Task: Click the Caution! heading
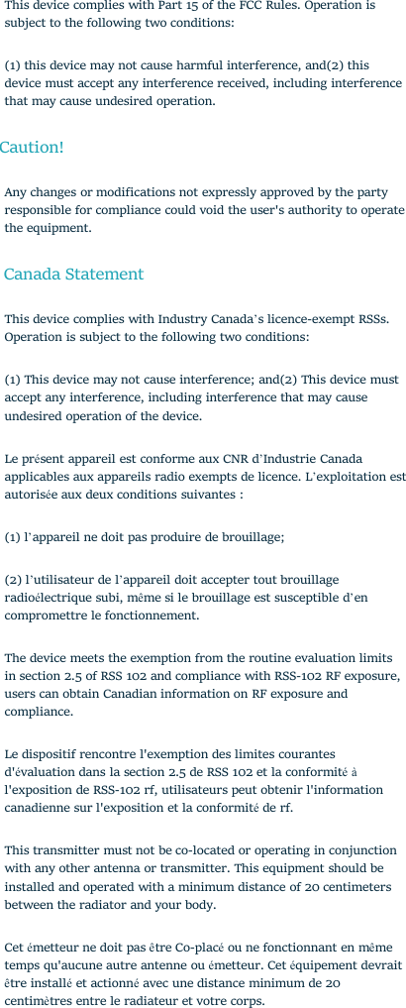click(32, 148)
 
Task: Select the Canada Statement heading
click(73, 275)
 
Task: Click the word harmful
click(224, 65)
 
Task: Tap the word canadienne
click(43, 808)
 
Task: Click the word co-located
click(206, 850)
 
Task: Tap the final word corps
click(246, 1001)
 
